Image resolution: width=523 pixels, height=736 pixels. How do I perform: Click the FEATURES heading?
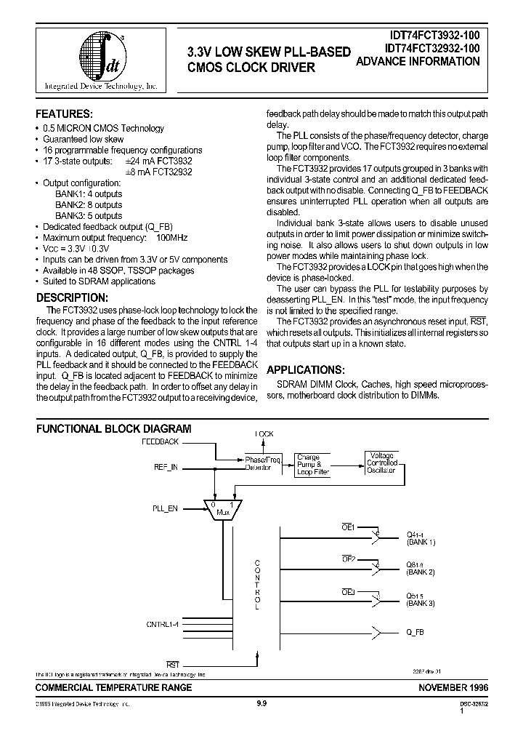(65, 114)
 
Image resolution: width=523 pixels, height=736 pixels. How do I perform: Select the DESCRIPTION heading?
(72, 297)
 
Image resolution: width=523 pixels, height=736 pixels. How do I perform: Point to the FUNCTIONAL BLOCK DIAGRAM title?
(114, 429)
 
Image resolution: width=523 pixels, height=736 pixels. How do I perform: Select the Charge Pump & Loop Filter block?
(314, 465)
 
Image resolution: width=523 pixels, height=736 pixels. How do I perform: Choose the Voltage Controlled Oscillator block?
(382, 463)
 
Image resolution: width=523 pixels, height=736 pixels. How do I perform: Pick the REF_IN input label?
(165, 468)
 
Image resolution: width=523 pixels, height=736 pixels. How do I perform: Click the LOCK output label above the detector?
(264, 434)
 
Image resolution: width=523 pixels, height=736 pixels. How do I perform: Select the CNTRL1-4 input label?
(163, 623)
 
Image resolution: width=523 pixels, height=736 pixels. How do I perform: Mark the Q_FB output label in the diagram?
(415, 632)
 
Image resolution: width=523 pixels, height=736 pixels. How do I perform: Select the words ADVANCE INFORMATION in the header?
(418, 63)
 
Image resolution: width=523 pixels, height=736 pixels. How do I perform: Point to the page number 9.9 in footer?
(261, 703)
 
